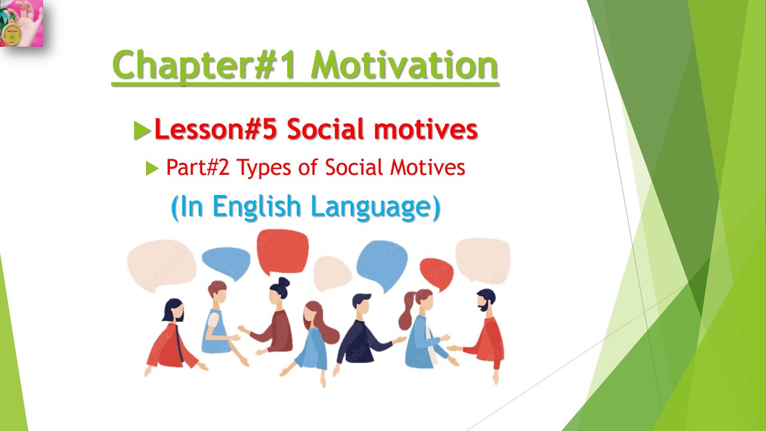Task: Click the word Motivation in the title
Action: [x=405, y=66]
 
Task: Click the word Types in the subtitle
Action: [x=262, y=168]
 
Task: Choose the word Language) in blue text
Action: [x=376, y=208]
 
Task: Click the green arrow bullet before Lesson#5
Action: [x=142, y=130]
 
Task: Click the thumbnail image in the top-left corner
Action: [x=22, y=23]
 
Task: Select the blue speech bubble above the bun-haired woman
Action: [x=226, y=262]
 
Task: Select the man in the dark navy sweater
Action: [x=361, y=333]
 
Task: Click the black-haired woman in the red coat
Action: [x=172, y=338]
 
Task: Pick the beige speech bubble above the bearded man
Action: [x=482, y=259]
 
